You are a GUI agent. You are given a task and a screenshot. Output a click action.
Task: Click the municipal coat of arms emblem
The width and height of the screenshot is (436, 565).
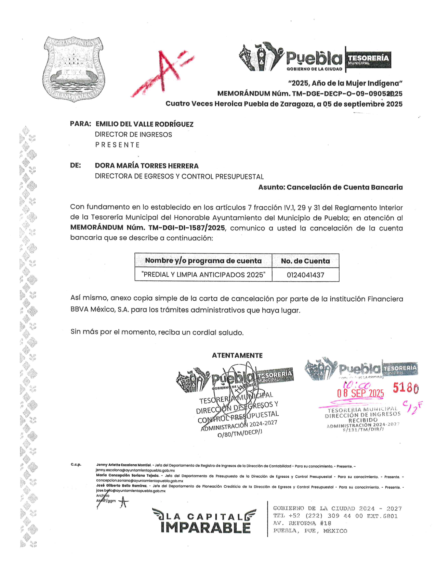pyautogui.click(x=73, y=69)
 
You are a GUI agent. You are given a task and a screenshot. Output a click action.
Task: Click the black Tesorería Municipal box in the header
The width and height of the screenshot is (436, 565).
pyautogui.click(x=368, y=60)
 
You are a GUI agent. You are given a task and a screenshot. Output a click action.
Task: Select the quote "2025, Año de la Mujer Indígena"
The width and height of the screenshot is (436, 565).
pyautogui.click(x=345, y=83)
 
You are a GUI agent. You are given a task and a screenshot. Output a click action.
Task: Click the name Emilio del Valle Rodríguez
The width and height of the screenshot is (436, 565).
pyautogui.click(x=144, y=124)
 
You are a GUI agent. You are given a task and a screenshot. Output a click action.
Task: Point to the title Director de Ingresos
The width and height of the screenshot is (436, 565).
pyautogui.click(x=133, y=135)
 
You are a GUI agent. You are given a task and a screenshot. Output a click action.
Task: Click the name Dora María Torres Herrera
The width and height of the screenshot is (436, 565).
pyautogui.click(x=147, y=166)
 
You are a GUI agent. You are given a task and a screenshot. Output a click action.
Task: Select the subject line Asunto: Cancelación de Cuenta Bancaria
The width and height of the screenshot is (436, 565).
pyautogui.click(x=330, y=187)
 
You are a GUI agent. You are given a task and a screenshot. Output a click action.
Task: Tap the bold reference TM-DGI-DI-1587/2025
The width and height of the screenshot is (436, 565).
pyautogui.click(x=186, y=228)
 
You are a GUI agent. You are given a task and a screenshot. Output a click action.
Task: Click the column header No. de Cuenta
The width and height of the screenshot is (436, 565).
pyautogui.click(x=305, y=261)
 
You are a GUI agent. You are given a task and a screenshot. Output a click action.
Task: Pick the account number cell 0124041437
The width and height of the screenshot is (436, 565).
pyautogui.click(x=305, y=275)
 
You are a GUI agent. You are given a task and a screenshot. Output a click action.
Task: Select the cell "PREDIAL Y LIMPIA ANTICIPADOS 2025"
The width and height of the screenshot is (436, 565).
pyautogui.click(x=203, y=275)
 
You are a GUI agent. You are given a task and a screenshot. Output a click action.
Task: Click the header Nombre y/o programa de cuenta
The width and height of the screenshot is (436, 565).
pyautogui.click(x=203, y=261)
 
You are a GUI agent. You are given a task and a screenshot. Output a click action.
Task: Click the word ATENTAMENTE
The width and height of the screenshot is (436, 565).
pyautogui.click(x=237, y=355)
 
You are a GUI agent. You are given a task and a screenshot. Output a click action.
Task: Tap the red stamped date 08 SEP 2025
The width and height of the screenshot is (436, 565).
pyautogui.click(x=360, y=393)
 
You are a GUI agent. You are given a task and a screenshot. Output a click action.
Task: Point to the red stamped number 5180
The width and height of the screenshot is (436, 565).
pyautogui.click(x=406, y=388)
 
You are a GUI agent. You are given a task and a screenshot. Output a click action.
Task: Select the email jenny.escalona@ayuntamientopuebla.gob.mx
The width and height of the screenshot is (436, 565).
pyautogui.click(x=135, y=470)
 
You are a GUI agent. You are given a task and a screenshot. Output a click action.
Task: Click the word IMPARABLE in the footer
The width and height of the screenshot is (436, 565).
pyautogui.click(x=206, y=528)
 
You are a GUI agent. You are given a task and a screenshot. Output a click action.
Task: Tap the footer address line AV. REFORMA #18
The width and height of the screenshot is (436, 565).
pyautogui.click(x=302, y=523)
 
